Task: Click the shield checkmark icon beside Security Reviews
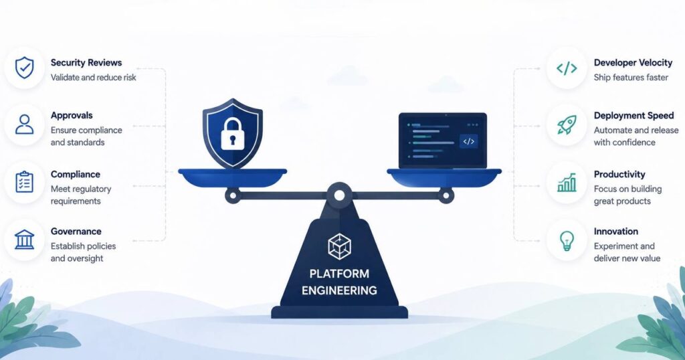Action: pos(25,68)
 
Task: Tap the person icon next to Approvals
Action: pos(25,124)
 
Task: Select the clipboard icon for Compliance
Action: pos(25,182)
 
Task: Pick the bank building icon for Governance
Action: pos(25,240)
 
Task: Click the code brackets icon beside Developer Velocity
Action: pos(567,68)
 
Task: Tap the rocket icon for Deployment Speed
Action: pos(567,125)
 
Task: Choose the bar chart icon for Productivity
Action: pos(567,183)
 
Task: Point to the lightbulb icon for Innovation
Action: pos(567,240)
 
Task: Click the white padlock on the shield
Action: pos(232,133)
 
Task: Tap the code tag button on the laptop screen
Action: pos(468,141)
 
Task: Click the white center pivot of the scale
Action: pos(339,195)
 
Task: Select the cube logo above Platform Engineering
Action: pos(339,246)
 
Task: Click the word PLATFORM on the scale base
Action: pos(339,274)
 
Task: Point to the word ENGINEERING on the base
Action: pos(339,290)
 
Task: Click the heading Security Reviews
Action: pos(86,62)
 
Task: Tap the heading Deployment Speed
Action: pos(633,116)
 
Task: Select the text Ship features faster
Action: pos(631,78)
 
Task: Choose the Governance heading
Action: pos(76,232)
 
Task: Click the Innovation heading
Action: pos(615,232)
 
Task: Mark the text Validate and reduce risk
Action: pos(93,78)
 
